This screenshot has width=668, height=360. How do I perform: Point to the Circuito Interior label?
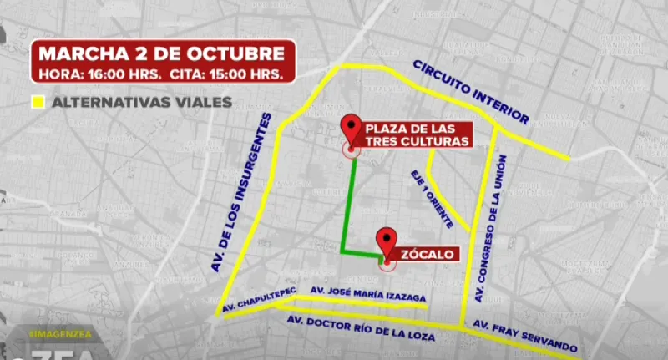(x=471, y=93)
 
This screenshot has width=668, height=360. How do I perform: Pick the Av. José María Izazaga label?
(x=368, y=294)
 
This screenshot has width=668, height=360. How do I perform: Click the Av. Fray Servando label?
(x=524, y=334)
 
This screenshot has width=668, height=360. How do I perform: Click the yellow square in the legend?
(x=38, y=104)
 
